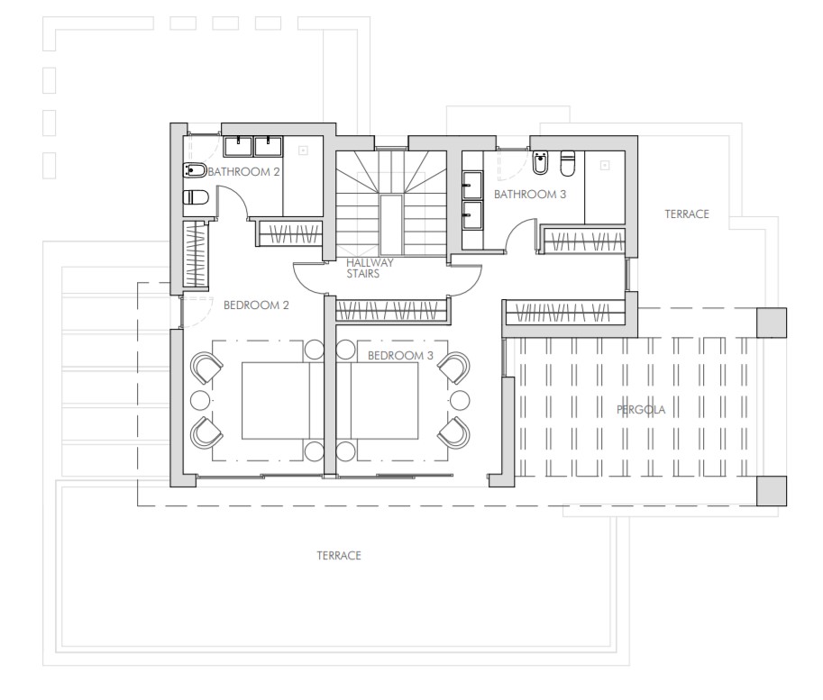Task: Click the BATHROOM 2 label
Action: click(244, 171)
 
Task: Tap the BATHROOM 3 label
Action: click(530, 195)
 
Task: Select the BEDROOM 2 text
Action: click(256, 305)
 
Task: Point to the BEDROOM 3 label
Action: click(400, 355)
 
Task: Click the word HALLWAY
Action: click(370, 262)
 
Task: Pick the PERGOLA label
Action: click(641, 409)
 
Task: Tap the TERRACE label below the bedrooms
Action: click(339, 555)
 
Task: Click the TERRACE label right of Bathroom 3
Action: click(687, 214)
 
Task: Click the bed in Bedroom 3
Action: click(383, 400)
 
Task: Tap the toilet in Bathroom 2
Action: click(196, 197)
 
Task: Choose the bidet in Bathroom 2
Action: click(195, 170)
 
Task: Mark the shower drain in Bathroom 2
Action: click(303, 150)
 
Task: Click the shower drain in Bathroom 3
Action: click(605, 165)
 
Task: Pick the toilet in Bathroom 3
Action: click(568, 163)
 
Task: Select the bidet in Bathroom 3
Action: click(540, 163)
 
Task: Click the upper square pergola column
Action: click(772, 323)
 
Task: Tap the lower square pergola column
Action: click(772, 491)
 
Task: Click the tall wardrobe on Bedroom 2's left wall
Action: click(196, 254)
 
